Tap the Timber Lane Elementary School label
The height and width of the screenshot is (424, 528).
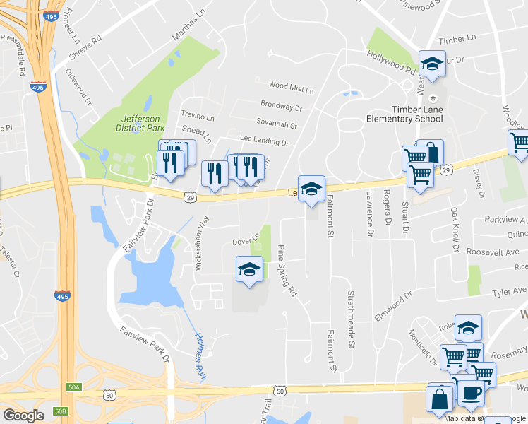(x=404, y=114)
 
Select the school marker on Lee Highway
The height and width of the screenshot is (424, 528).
(x=311, y=189)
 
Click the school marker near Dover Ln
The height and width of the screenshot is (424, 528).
(x=248, y=270)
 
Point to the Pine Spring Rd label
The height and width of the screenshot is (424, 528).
(x=287, y=271)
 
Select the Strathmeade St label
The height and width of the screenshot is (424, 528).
(x=350, y=319)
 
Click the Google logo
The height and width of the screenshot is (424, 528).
(x=23, y=415)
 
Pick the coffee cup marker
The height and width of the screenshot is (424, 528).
(x=471, y=392)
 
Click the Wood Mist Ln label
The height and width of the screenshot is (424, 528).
(x=291, y=89)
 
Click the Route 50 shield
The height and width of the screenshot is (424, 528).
(x=281, y=391)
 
